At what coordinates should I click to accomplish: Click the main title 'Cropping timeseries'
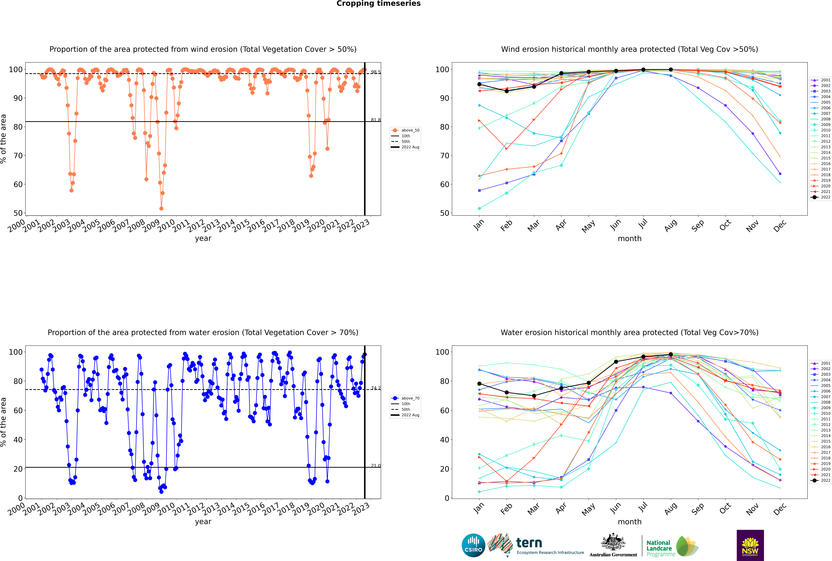point(378,4)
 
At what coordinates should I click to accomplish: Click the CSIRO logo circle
point(473,545)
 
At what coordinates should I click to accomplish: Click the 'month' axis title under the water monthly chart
point(630,522)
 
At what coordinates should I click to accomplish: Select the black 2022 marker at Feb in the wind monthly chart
point(506,91)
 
